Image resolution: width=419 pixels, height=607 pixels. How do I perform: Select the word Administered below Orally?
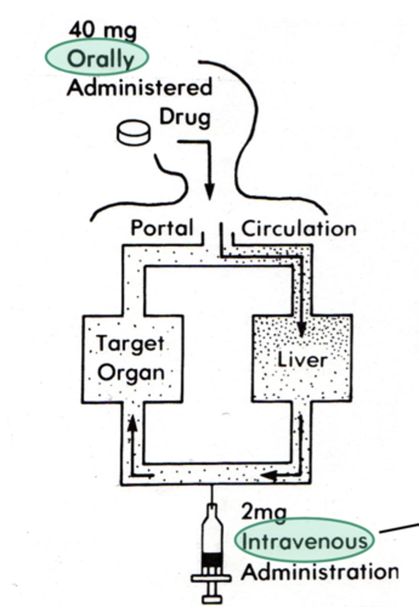click(139, 88)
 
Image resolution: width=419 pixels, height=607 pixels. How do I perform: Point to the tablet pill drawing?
click(133, 133)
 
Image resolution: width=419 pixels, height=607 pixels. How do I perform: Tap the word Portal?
click(162, 228)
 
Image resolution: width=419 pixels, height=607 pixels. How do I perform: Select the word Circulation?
click(299, 229)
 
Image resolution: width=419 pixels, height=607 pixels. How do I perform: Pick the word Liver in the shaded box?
click(302, 360)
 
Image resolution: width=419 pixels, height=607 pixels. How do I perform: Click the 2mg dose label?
click(264, 513)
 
